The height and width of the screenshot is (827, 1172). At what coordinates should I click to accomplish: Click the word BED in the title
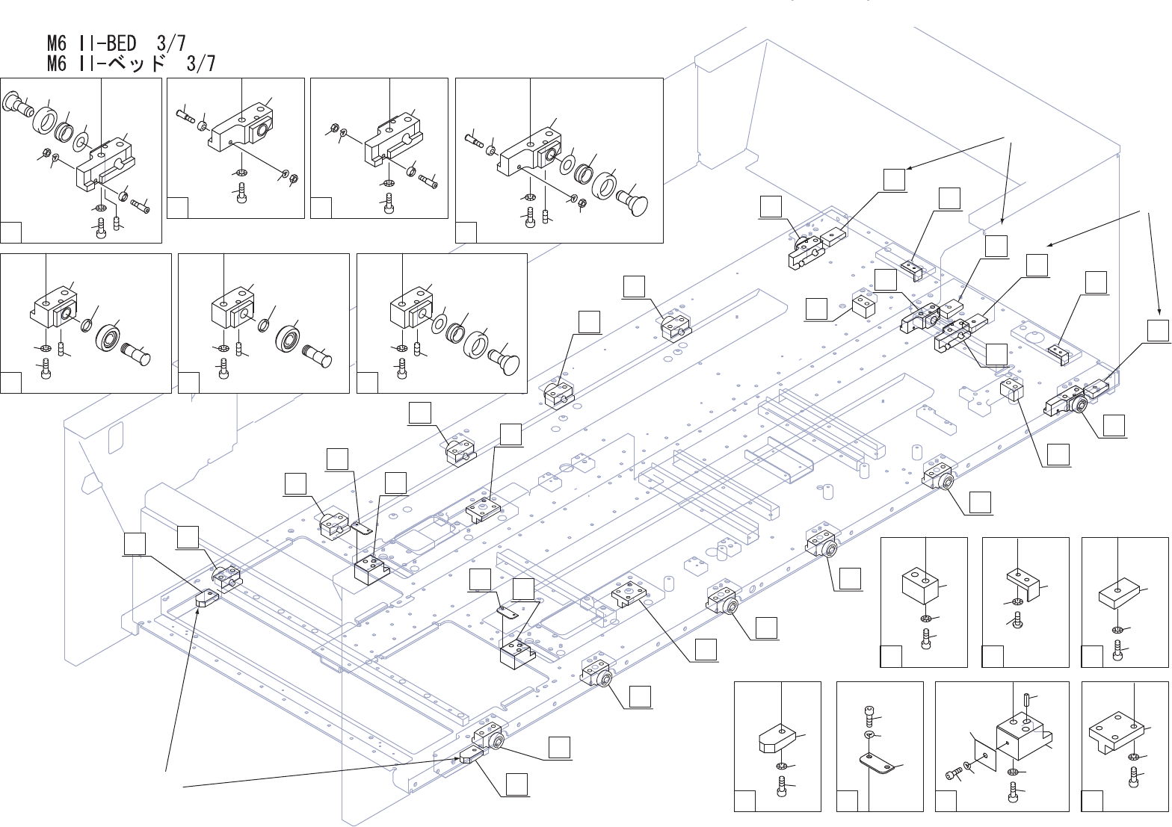pyautogui.click(x=120, y=43)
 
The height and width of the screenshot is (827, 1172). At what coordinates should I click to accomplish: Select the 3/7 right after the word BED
pyautogui.click(x=171, y=43)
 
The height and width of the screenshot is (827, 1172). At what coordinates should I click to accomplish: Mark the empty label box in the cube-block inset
pyautogui.click(x=890, y=657)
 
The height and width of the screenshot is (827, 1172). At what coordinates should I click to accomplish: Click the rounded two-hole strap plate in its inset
pyautogui.click(x=877, y=763)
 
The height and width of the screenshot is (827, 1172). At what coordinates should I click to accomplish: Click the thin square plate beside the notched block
pyautogui.click(x=983, y=755)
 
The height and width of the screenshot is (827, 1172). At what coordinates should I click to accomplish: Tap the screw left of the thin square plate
pyautogui.click(x=953, y=774)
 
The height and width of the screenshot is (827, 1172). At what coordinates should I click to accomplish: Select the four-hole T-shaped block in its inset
pyautogui.click(x=1114, y=731)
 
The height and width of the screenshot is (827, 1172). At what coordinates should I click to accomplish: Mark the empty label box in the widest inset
pyautogui.click(x=466, y=232)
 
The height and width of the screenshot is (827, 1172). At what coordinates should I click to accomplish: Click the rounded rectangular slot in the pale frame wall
pyautogui.click(x=116, y=439)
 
